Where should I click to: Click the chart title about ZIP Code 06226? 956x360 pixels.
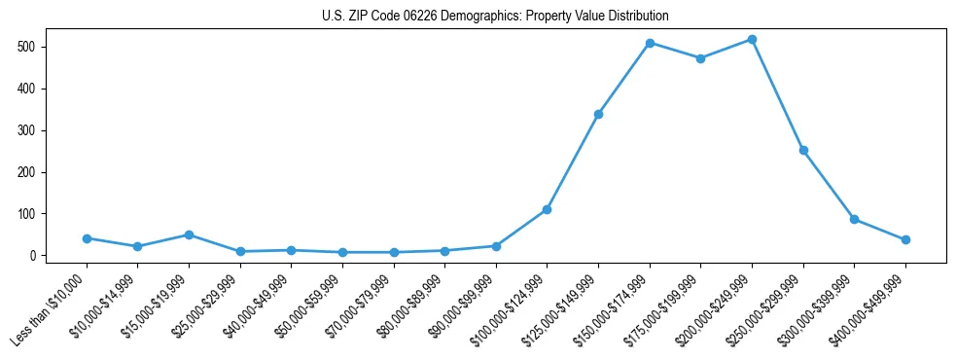495,17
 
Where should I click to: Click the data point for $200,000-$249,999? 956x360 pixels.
752,40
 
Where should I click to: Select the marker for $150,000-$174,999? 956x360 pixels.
650,43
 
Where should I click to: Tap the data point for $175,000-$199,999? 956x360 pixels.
700,58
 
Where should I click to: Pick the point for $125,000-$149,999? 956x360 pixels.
598,114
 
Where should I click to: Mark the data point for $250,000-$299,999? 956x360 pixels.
803,150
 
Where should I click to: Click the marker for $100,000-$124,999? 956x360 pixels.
548,209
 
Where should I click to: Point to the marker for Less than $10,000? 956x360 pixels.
87,238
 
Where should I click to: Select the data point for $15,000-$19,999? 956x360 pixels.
189,234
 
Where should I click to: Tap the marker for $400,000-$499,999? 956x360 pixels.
905,239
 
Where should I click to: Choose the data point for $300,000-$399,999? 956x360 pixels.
854,219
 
